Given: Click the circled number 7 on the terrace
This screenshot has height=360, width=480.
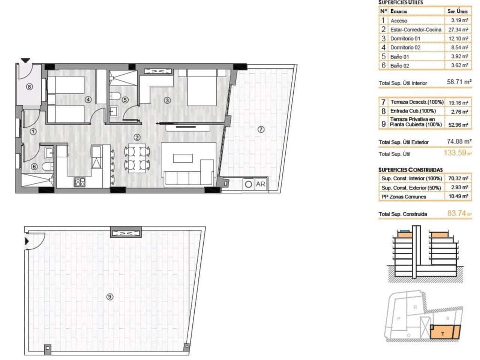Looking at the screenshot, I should pos(261,129).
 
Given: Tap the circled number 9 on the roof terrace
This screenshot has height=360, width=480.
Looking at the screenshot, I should pos(109,297).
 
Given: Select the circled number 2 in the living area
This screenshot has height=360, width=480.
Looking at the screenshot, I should pos(137,138).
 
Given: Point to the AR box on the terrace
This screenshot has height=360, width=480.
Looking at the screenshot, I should pos(260,184).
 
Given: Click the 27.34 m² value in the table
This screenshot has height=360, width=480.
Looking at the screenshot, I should pos(457,30).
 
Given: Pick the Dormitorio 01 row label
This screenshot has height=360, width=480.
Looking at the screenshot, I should pos(405,39).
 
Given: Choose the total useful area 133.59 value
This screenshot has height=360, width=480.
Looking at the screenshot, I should pos(455,153).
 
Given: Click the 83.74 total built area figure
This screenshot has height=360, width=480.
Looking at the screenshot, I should pos(457,213).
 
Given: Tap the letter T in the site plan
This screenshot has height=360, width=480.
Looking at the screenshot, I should pos(443,334).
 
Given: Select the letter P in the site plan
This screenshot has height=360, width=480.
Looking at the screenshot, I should pos(399,319).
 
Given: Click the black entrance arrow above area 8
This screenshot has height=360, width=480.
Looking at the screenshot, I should pos(25,60).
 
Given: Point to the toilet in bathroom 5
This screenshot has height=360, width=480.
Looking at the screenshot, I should pos(115,96).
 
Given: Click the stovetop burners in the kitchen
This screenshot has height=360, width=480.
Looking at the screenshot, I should pos(80,183).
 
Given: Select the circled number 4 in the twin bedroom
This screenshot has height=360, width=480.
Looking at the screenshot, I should pos(88,100).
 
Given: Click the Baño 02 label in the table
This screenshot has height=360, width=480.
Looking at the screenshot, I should pos(399,66).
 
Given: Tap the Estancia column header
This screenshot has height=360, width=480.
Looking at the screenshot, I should pos(399,11).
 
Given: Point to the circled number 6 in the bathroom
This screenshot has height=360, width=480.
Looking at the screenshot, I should pos(34,167).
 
